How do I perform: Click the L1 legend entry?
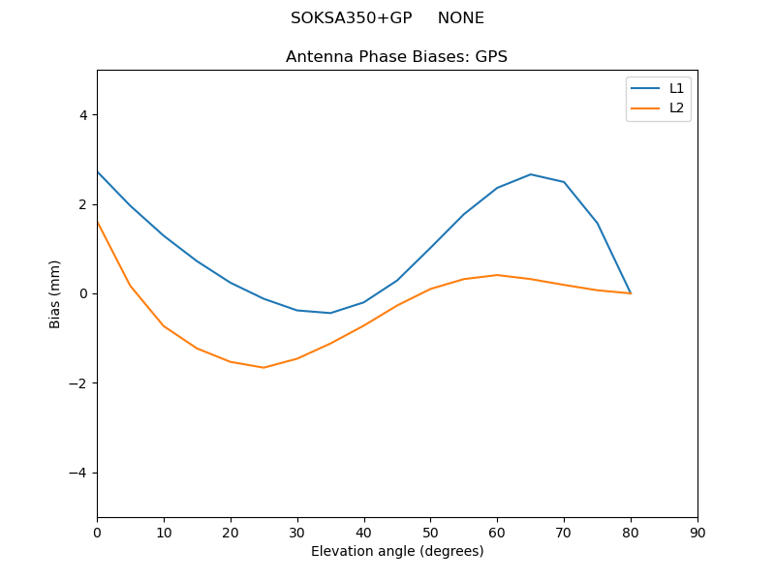676,88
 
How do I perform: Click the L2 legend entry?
676,107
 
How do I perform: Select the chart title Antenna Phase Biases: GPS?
396,57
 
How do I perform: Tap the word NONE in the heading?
460,18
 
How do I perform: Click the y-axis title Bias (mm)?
55,293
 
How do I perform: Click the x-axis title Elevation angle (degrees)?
396,551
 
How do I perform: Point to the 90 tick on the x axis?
697,533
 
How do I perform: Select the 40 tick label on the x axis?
363,533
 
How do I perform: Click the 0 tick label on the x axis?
97,533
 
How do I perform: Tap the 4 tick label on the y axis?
83,114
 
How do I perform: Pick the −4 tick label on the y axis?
78,473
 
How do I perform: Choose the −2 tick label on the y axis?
78,383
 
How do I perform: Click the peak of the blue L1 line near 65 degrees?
530,174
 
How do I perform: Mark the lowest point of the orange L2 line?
263,367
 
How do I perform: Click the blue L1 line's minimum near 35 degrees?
330,313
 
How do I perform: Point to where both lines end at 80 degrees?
631,292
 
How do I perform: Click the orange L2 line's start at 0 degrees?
98,222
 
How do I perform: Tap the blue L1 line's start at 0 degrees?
98,172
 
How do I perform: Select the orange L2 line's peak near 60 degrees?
497,275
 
